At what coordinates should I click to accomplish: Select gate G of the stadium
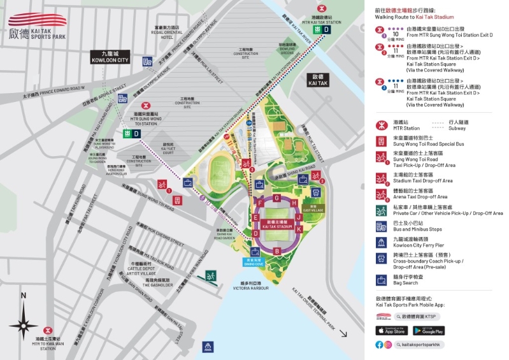pos(276,198)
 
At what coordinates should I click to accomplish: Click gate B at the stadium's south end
pos(276,250)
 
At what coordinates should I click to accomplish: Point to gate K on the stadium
pos(298,227)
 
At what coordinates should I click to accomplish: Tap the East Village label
pos(313,208)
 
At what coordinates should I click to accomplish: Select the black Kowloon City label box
pos(109,57)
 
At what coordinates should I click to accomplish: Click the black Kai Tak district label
pos(317,80)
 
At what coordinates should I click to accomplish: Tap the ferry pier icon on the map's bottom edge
pos(206,347)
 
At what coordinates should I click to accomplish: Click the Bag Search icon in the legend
pos(382,280)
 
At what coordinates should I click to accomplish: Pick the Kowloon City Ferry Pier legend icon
pos(382,242)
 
